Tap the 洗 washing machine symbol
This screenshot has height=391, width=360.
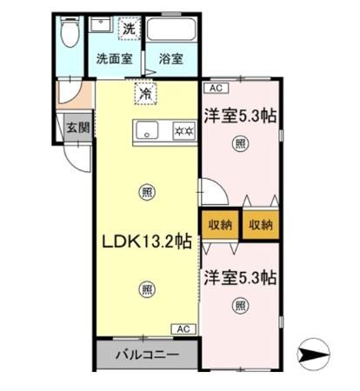pos(129,28)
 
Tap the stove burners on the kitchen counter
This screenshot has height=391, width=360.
pos(183,132)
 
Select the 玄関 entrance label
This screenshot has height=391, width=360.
pos(77,127)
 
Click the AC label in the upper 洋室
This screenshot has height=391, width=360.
pos(213,89)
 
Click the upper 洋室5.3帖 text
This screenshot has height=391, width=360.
pos(240,115)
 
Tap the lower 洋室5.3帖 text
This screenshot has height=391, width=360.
pos(240,279)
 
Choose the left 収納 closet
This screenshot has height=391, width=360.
pos(220,224)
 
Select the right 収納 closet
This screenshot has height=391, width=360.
pos(261,224)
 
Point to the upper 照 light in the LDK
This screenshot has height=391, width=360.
pos(149,192)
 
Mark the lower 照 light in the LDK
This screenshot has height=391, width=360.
pos(149,290)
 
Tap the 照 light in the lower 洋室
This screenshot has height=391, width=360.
pos(239,306)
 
